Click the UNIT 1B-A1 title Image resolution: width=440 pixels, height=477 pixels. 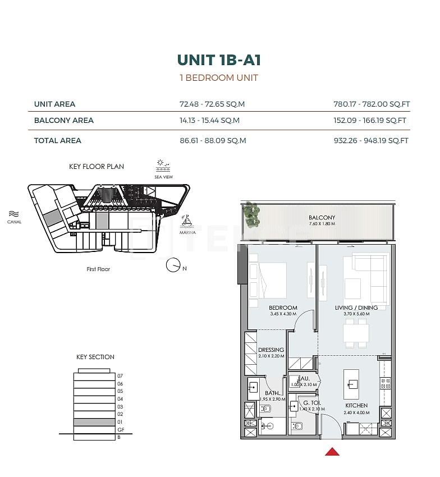click(219, 60)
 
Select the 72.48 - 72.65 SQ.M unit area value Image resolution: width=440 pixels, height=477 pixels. click(212, 104)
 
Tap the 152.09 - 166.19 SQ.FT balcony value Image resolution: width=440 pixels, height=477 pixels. click(370, 120)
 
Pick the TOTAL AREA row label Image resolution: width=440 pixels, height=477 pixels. click(58, 140)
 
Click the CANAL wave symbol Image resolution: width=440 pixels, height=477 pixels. click(14, 214)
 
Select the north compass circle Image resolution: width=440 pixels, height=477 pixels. click(173, 265)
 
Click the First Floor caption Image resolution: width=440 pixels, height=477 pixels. click(98, 269)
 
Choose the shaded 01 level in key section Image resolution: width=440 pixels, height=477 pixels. click(94, 421)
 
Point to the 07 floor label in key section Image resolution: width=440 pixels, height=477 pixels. click(120, 376)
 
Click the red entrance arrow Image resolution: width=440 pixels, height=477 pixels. click(332, 451)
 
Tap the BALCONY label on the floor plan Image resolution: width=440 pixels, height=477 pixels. click(322, 218)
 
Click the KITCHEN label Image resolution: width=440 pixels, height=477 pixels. click(356, 405)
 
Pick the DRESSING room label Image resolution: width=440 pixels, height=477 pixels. click(271, 350)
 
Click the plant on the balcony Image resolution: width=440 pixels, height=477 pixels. click(251, 215)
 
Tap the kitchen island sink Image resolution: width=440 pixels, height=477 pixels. click(352, 384)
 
